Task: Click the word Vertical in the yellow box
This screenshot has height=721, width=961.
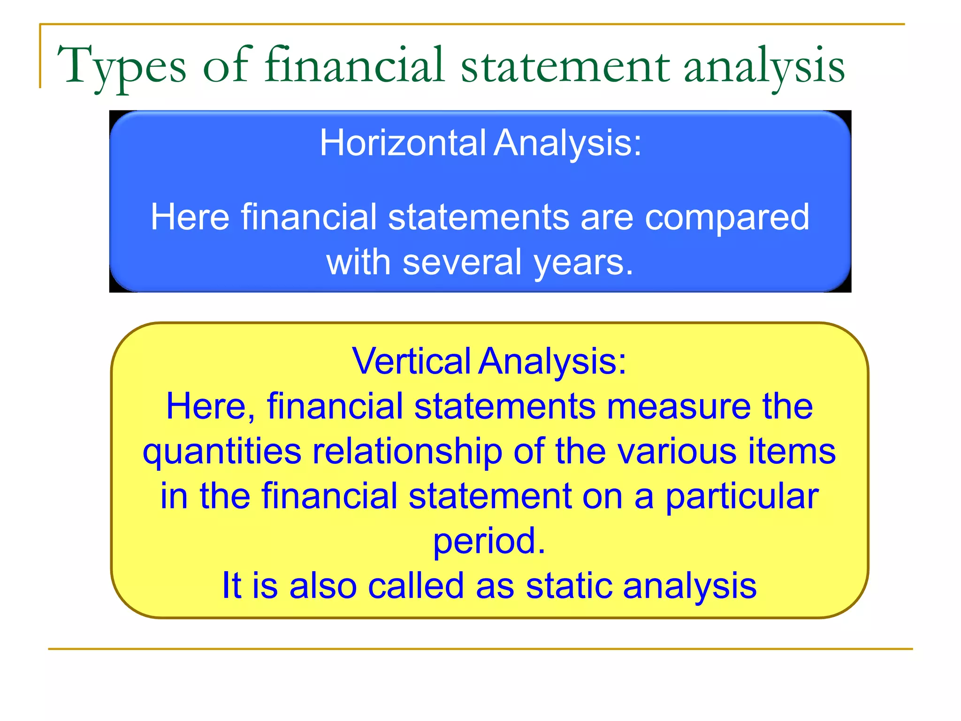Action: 412,361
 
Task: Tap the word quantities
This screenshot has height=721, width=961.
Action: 222,452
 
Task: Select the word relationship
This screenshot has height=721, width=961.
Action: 407,452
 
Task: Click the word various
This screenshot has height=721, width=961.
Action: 677,452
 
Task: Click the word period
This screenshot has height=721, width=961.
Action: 488,541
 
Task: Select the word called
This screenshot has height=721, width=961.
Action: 416,586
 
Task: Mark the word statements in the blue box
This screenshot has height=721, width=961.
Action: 478,217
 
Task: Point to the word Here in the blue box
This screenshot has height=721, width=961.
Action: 190,217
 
